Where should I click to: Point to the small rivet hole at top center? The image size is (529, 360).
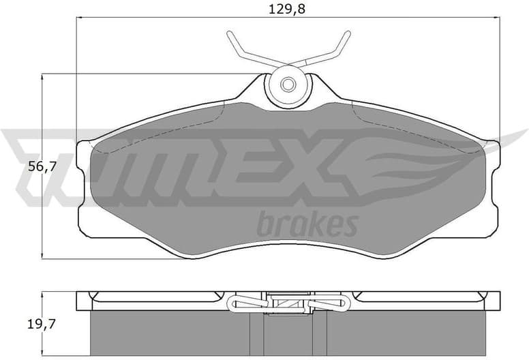288,85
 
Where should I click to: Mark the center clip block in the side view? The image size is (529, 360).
288,302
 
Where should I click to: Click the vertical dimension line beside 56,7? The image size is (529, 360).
44,205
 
